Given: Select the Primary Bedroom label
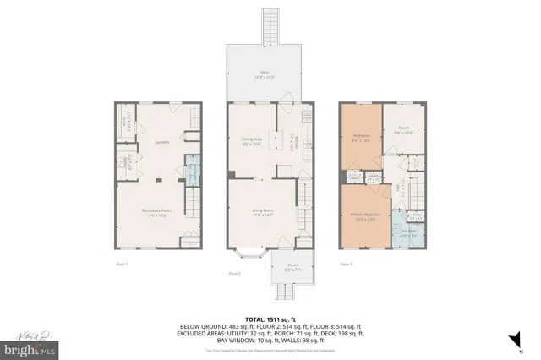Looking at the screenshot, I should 366,216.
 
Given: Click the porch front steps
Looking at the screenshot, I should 288,292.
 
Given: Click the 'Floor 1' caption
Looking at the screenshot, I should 122,265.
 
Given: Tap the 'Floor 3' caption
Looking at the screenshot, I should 346,265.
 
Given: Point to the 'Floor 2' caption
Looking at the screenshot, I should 234,274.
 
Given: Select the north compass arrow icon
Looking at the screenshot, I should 511,341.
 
